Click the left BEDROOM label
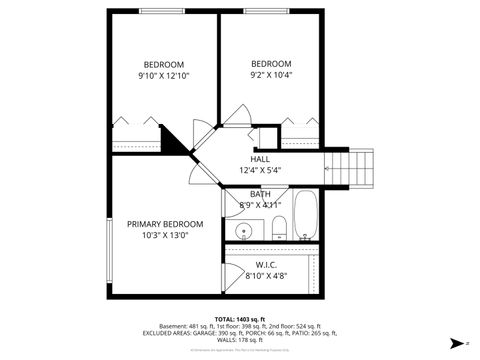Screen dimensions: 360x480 [163, 63]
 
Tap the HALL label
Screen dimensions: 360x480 [260, 159]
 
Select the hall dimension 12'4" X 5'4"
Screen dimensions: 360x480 [260, 171]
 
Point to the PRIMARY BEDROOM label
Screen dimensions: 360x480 [165, 224]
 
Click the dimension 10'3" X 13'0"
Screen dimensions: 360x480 [165, 236]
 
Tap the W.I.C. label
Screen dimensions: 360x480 [266, 265]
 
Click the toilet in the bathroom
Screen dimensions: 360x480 [279, 229]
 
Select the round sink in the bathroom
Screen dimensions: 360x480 [243, 233]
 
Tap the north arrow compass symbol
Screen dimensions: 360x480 [456, 341]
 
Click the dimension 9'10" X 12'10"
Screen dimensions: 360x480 [163, 75]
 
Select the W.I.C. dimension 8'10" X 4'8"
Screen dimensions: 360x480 [266, 277]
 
